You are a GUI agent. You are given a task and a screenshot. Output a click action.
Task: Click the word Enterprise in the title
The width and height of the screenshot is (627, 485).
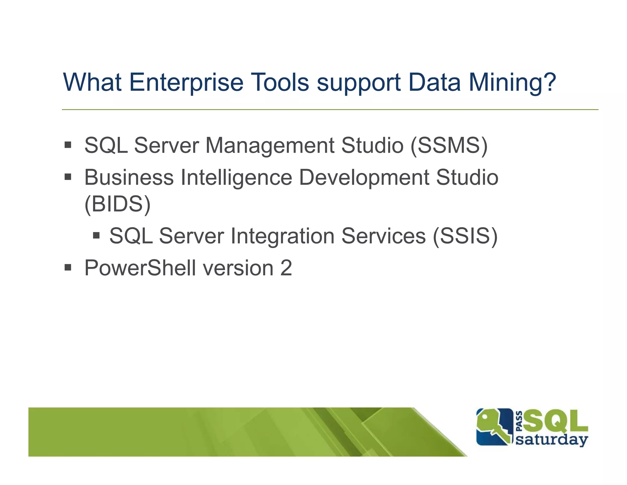click(x=186, y=82)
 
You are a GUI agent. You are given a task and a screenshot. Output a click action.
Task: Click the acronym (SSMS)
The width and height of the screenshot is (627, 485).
click(x=449, y=145)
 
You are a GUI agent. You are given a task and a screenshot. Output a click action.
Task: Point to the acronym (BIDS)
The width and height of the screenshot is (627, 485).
click(x=118, y=204)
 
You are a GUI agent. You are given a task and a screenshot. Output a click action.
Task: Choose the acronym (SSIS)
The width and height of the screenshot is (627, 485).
click(x=465, y=236)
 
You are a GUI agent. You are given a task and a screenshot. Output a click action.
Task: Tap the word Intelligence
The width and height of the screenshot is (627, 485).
click(x=236, y=178)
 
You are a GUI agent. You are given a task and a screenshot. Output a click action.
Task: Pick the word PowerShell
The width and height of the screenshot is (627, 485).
click(x=140, y=268)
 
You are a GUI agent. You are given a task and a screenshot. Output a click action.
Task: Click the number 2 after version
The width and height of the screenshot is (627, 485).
click(x=286, y=268)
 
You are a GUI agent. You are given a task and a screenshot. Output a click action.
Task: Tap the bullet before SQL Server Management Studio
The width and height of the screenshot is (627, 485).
click(x=68, y=145)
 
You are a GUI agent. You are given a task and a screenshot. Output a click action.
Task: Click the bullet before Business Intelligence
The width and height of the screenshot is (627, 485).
click(x=68, y=177)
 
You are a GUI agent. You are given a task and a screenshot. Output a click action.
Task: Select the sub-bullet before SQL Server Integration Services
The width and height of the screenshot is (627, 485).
click(x=96, y=235)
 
